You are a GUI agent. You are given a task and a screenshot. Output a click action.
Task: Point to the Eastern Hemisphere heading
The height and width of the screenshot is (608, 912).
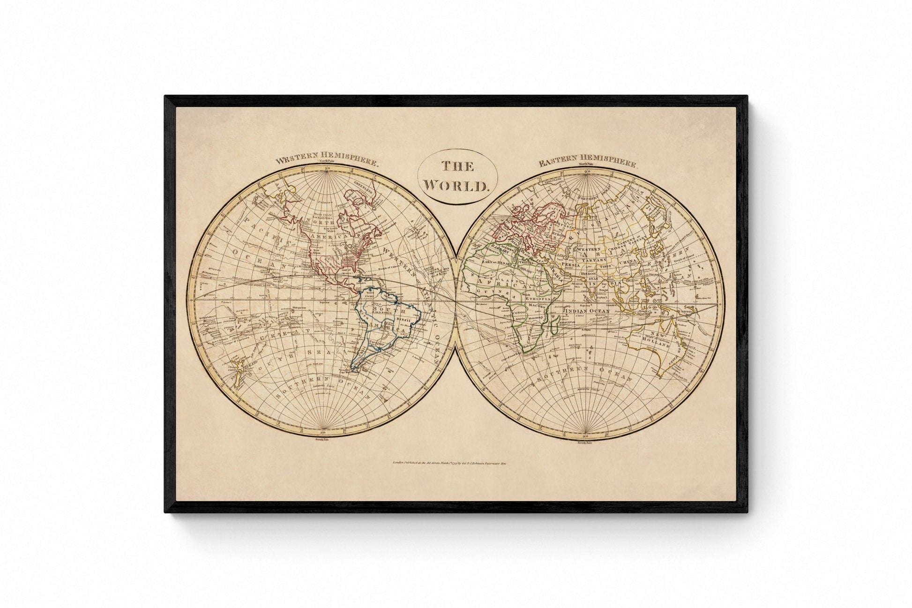point(587,164)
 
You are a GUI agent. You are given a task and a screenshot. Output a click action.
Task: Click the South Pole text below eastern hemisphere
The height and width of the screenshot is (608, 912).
point(586,443)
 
